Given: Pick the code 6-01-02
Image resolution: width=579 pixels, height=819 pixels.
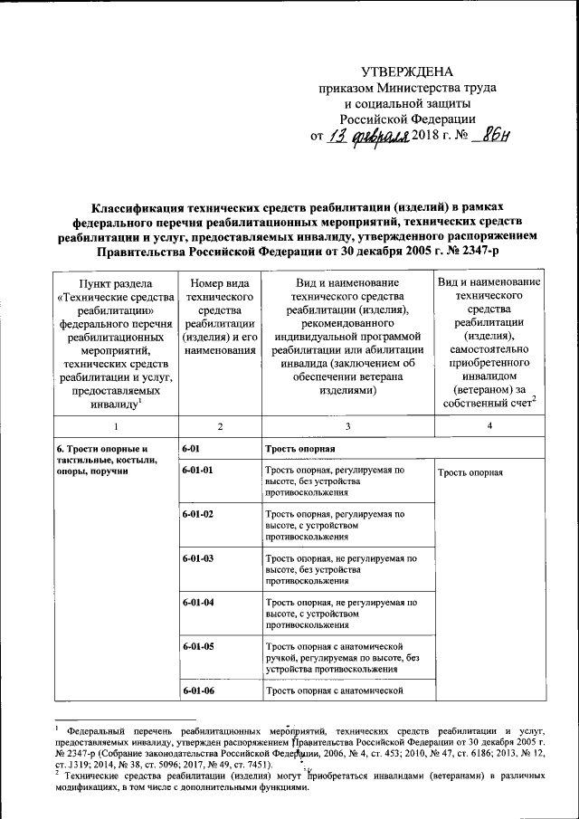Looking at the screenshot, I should tap(197, 514).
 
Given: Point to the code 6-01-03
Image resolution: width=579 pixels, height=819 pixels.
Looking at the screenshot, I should tap(197, 558).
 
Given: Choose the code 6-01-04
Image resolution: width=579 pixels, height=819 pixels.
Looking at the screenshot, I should tap(197, 602).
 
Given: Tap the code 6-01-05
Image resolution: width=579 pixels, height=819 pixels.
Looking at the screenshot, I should tap(197, 646).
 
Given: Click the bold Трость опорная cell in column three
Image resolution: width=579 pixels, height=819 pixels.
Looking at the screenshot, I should tap(300, 449).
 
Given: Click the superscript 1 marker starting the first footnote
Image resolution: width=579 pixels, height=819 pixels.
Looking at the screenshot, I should tap(56, 726).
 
